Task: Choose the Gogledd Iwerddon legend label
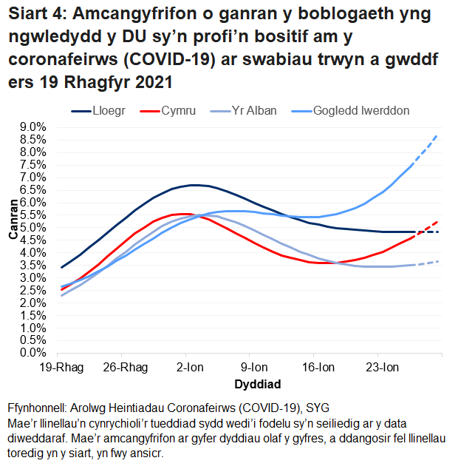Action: [x=361, y=111]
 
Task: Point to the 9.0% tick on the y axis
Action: [x=32, y=126]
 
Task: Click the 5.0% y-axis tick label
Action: [x=32, y=227]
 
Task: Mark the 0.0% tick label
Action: [x=32, y=353]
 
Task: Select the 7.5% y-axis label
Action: [x=32, y=164]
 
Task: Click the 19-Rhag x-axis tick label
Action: [x=61, y=368]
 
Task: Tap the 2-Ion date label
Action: [x=190, y=368]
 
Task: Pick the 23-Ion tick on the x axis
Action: [x=383, y=368]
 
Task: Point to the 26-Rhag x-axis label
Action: [x=126, y=368]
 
